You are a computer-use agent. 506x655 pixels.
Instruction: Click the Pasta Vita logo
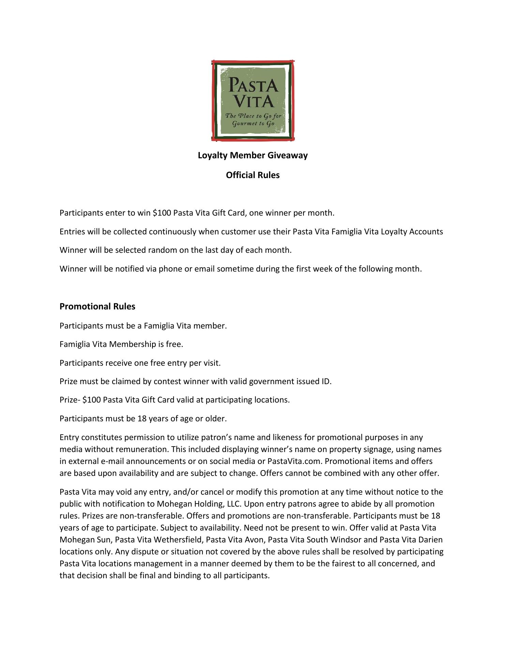253,100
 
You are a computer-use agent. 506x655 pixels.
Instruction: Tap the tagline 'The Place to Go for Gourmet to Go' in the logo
253,119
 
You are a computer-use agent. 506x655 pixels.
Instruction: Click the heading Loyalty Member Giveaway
253,156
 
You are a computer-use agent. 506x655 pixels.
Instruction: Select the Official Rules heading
253,175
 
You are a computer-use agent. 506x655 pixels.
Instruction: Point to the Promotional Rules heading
97,307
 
